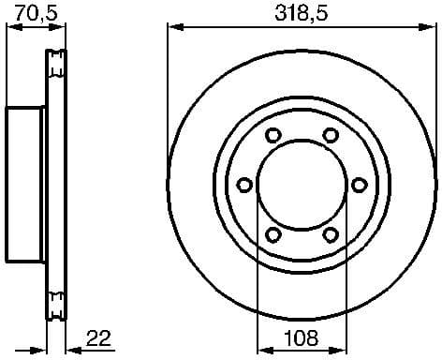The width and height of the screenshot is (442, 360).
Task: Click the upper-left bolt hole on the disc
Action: pos(273,136)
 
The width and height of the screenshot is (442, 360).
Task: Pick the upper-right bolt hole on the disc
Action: pos(330,136)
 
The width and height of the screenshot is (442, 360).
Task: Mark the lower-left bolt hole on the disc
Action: pos(273,233)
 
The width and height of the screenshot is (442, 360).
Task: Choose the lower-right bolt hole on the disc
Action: pos(330,233)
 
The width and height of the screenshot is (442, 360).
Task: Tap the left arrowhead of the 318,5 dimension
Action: pos(172,28)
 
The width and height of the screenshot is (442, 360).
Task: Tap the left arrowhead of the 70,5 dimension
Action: pos(11,28)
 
